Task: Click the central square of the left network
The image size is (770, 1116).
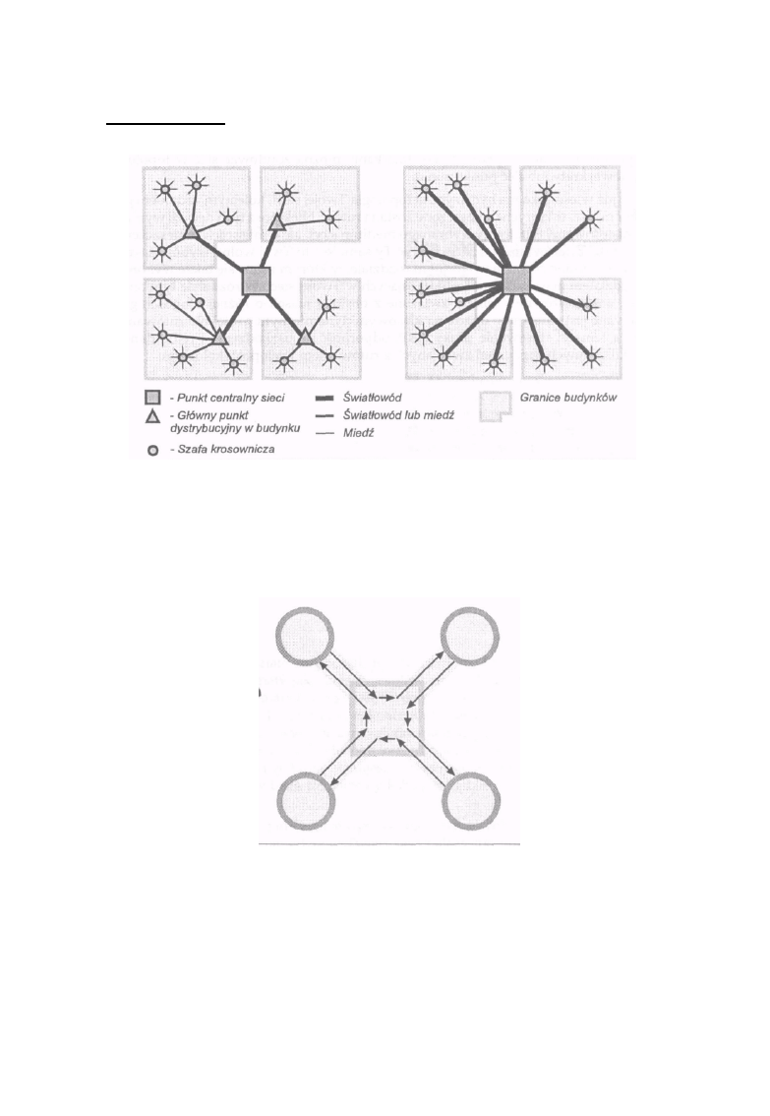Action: click(256, 280)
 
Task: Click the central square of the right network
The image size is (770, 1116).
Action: click(517, 280)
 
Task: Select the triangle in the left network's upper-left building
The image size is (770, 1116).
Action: click(191, 230)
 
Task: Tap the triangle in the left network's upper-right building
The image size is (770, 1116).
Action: click(277, 221)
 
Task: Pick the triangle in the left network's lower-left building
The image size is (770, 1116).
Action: click(219, 337)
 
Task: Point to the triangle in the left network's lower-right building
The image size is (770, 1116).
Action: click(305, 337)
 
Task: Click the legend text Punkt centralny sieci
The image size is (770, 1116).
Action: click(230, 398)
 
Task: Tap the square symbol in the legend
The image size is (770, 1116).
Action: click(152, 398)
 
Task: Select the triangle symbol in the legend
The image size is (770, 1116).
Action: click(152, 416)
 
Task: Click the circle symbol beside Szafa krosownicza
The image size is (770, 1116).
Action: click(152, 450)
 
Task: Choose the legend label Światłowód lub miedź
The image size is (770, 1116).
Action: click(398, 415)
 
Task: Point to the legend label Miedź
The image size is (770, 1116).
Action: click(358, 433)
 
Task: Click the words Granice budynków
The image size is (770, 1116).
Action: click(568, 398)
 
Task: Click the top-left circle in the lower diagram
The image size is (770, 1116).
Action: click(304, 636)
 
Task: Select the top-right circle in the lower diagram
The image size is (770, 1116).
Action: click(470, 636)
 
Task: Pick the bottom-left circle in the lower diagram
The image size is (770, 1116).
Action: click(305, 801)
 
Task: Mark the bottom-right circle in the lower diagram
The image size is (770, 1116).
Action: click(471, 801)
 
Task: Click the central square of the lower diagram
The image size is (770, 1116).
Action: click(387, 718)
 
